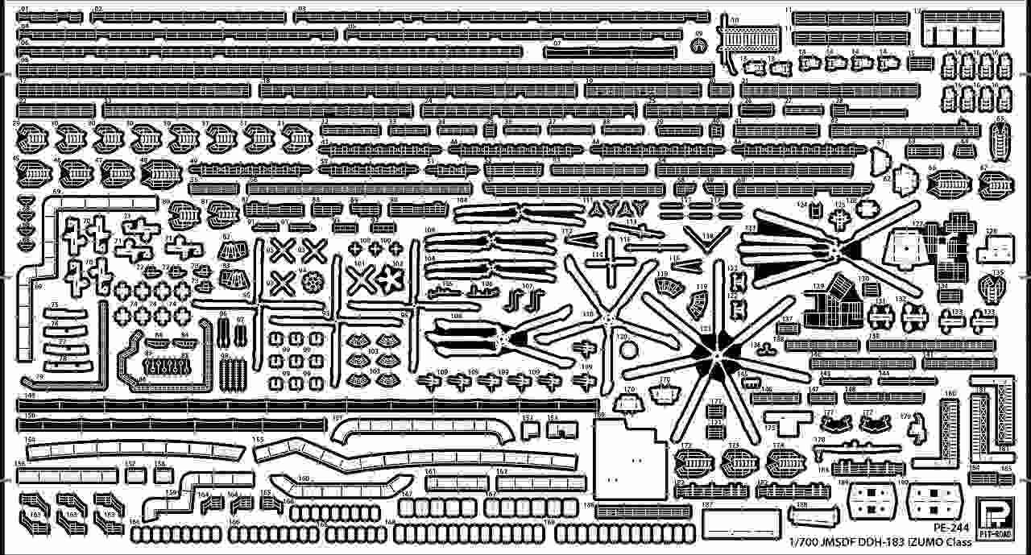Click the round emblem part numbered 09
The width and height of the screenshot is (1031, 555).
(698, 45)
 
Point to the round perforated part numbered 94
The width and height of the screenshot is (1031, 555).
(313, 281)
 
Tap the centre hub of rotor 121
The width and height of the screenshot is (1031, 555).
(715, 352)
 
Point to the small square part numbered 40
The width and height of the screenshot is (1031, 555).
(716, 130)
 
